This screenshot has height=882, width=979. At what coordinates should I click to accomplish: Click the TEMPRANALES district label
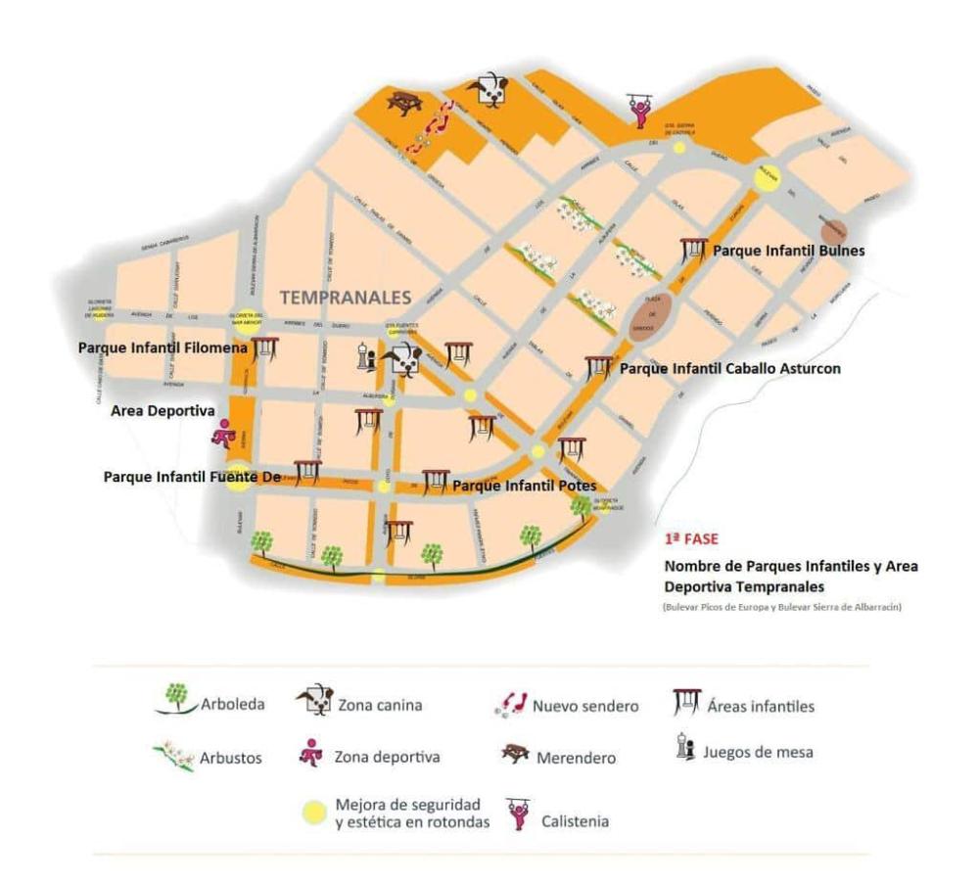point(346,296)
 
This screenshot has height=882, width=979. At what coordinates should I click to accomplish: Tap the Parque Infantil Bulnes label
point(789,251)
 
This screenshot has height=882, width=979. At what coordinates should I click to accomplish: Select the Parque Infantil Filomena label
point(163,348)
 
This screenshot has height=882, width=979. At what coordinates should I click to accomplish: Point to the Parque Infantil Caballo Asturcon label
point(730,369)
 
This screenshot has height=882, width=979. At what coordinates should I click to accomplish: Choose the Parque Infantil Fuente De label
point(192,477)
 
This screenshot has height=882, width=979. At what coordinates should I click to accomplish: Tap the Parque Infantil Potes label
point(524,485)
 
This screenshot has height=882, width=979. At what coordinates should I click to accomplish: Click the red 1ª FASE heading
point(691,538)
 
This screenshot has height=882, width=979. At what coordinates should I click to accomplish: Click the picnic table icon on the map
point(403,101)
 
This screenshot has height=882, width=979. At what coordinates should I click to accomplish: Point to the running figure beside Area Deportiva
point(223,433)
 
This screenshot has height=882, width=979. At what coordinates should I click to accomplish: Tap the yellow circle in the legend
point(314,812)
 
